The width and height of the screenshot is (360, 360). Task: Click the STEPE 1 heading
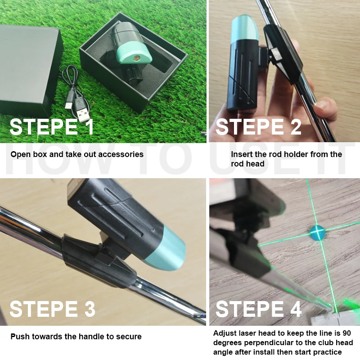click(52, 127)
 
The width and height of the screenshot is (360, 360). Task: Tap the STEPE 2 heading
click(258, 127)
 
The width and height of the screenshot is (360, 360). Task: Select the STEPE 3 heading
click(52, 310)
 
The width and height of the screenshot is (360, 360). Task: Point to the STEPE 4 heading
click(258, 310)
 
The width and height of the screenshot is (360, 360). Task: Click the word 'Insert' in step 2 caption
click(241, 154)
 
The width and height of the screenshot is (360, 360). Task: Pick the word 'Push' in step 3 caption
click(19, 337)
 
